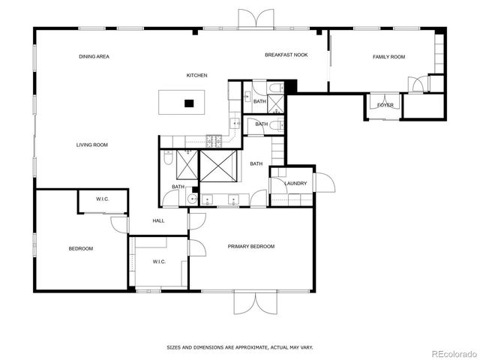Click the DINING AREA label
pos(94,57)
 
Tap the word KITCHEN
pos(196,75)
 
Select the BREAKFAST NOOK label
pos(286,55)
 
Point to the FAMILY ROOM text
pos(388,57)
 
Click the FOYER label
pos(385,105)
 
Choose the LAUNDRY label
pos(295,183)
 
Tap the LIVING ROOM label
pos(92,145)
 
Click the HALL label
pos(158,220)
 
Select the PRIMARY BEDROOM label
pos(251,246)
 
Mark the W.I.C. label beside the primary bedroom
pos(159,262)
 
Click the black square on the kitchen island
pos(189,103)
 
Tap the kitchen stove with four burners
pos(213,139)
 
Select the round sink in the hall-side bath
pos(192,199)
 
